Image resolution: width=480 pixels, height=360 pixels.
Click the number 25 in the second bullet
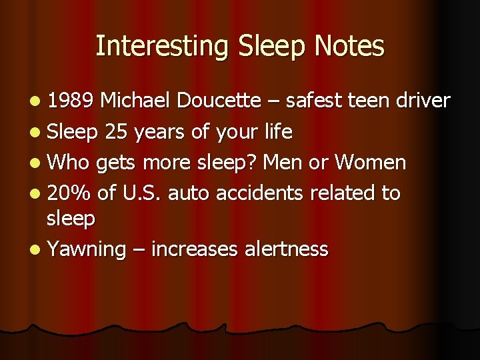pos(118,132)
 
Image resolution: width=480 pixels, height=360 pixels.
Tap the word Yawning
pos(87,249)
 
